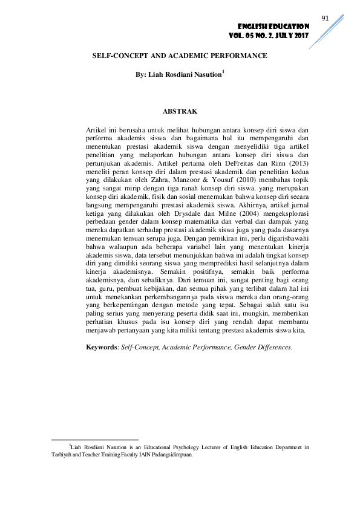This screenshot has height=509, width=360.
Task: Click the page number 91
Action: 324,18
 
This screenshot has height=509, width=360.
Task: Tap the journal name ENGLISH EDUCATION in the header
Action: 273,27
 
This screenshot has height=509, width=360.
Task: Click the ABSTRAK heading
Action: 180,111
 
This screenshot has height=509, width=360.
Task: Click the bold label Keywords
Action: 100,347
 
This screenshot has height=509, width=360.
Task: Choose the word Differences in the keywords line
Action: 275,347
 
